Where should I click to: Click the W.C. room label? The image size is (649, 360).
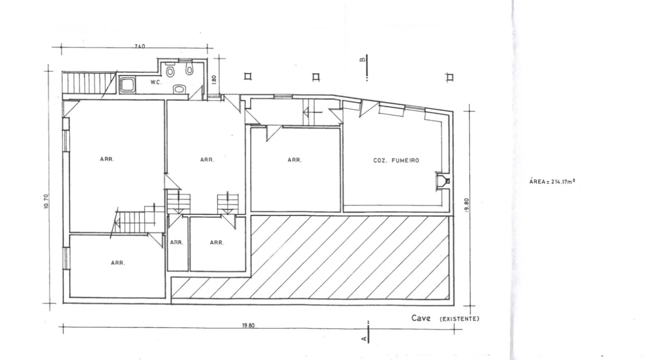tap(155, 82)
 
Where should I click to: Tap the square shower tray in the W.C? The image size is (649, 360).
tap(127, 85)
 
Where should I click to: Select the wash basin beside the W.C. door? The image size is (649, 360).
tap(179, 89)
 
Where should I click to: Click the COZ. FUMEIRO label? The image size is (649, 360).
tap(396, 160)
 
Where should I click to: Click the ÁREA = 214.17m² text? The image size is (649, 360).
tap(552, 181)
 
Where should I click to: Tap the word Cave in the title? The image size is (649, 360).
tap(420, 318)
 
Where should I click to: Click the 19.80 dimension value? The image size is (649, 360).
tap(248, 325)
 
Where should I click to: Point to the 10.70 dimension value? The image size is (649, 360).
tap(46, 201)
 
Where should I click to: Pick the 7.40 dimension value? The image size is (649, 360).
tap(139, 46)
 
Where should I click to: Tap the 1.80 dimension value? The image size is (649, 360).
tap(214, 79)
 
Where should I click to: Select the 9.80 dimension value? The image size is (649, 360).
tap(466, 205)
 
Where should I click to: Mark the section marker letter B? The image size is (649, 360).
tap(362, 59)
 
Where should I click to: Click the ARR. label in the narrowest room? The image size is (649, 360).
tap(176, 242)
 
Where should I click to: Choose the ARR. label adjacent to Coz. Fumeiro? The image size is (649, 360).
tap(294, 160)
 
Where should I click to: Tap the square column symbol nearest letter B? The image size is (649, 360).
tap(316, 77)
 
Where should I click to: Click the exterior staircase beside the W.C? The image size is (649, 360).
tap(89, 83)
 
